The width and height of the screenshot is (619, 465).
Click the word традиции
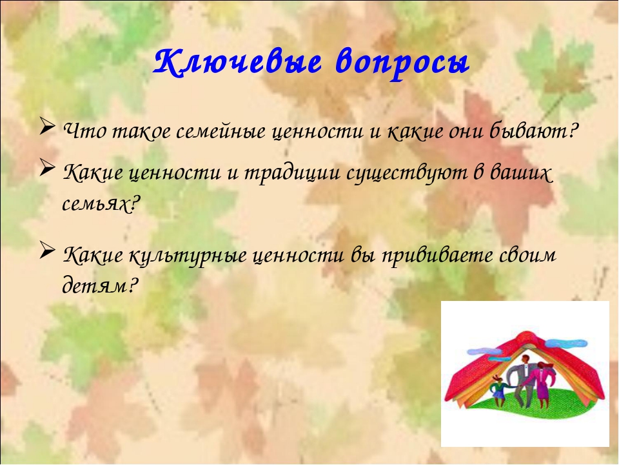click(292, 174)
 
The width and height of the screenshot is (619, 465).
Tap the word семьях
click(101, 205)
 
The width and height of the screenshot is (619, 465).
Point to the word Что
click(85, 131)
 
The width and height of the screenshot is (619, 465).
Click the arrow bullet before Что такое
click(47, 127)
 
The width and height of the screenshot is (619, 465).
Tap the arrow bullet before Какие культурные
click(47, 251)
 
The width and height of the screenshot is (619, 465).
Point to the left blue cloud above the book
click(483, 350)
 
